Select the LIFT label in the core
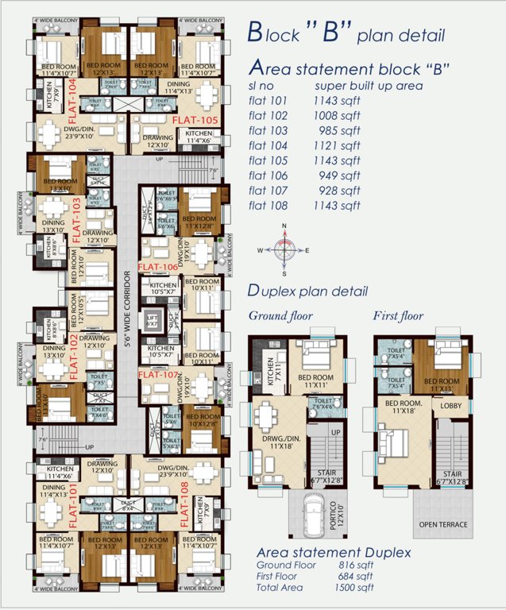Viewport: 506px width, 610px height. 153,319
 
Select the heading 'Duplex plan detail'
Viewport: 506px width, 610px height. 307,291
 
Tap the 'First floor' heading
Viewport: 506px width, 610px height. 399,315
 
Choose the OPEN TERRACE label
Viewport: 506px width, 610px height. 443,525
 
